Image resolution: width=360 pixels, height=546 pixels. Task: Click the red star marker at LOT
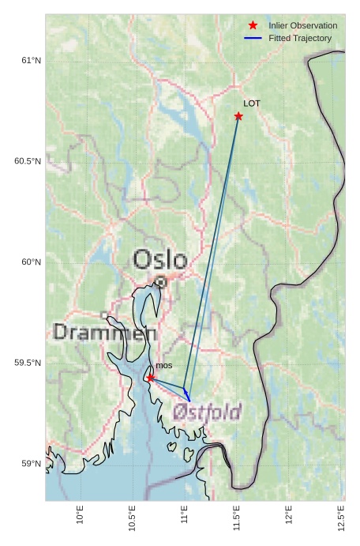click(238, 116)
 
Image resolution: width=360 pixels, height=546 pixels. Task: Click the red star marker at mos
click(151, 378)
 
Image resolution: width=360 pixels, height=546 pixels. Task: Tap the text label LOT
click(252, 104)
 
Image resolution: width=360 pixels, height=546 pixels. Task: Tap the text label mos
click(163, 366)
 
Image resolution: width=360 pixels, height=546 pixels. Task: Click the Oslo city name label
click(160, 259)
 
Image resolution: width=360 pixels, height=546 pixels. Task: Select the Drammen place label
click(104, 333)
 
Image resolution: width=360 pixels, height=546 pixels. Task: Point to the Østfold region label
click(207, 412)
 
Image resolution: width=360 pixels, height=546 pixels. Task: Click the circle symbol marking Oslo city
click(160, 281)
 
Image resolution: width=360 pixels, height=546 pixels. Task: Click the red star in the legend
click(253, 25)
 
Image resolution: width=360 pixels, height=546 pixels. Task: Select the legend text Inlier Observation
click(302, 25)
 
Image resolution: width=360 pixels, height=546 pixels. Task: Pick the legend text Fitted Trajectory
click(300, 38)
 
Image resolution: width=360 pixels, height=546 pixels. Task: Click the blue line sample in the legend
click(253, 38)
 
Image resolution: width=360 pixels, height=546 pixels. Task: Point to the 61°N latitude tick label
click(31, 61)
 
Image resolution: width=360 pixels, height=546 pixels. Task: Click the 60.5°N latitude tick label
click(28, 161)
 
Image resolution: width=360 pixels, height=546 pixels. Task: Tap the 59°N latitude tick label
click(31, 464)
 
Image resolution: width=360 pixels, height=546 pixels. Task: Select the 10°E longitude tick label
click(80, 515)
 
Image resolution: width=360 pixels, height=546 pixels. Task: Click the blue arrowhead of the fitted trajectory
click(186, 395)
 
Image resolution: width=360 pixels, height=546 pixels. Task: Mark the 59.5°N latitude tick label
click(28, 363)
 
